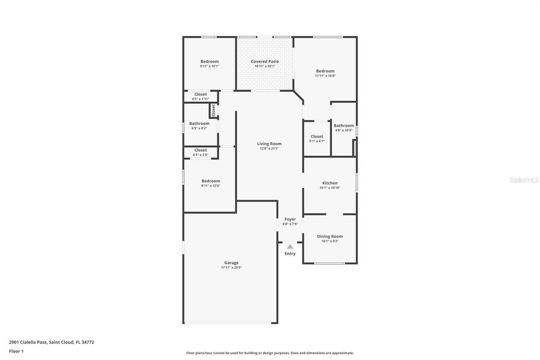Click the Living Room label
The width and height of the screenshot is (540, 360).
(x=269, y=144)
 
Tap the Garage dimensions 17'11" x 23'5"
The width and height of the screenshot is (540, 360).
(x=231, y=268)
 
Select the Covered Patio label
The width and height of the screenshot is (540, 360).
(x=265, y=62)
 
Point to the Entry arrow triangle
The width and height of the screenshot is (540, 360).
(x=290, y=246)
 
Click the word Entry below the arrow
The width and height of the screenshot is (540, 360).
(x=290, y=254)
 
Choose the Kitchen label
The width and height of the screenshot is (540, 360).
(x=329, y=183)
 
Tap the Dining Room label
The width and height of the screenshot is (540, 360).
(x=329, y=236)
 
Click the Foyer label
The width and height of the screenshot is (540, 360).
(x=290, y=219)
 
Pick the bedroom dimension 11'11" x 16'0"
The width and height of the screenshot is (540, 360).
(x=325, y=76)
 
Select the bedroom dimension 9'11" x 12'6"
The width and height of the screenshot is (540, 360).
(x=211, y=186)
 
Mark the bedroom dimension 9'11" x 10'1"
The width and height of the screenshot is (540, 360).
(x=209, y=66)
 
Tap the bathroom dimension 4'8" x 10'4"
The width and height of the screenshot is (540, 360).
(x=344, y=130)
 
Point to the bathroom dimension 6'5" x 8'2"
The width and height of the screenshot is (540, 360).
(x=199, y=128)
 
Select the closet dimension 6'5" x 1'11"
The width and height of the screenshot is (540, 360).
(x=200, y=99)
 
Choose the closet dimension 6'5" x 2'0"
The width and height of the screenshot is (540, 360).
(x=200, y=155)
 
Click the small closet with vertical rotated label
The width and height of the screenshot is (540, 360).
(x=213, y=110)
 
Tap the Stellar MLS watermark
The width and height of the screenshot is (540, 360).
(x=524, y=180)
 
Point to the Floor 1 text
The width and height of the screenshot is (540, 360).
(x=16, y=351)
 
